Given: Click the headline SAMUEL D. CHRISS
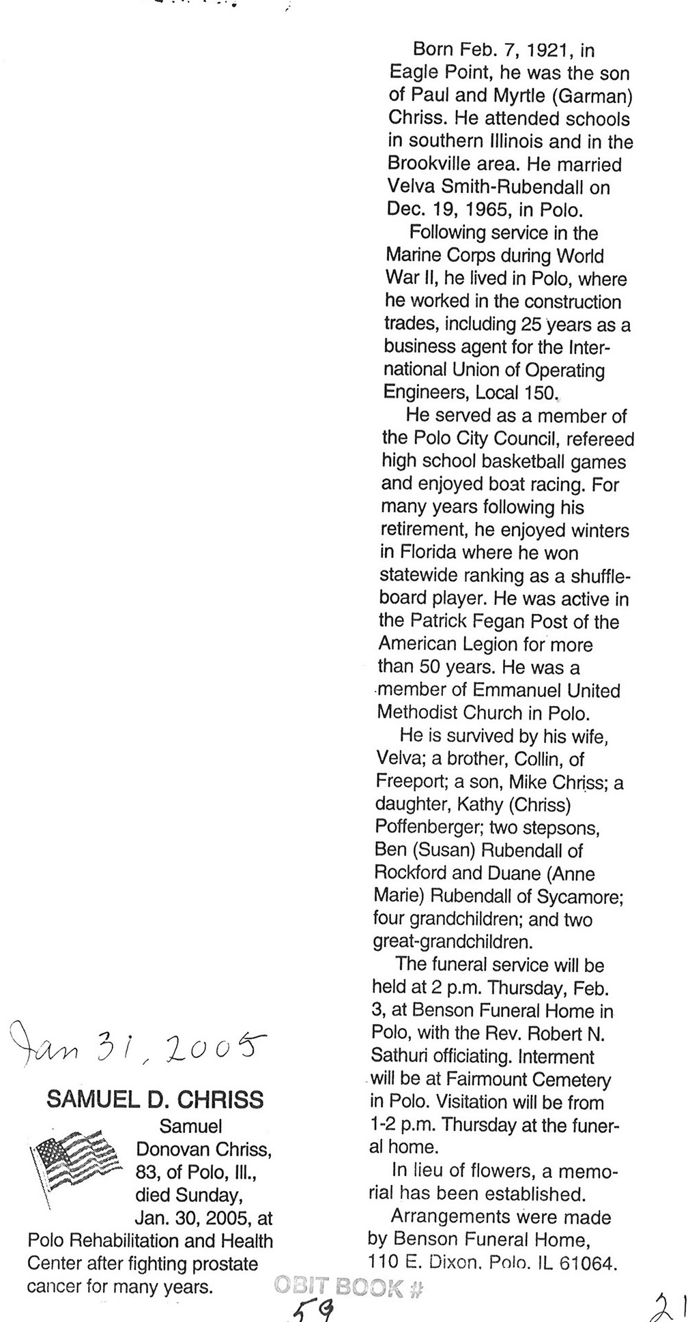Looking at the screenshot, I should (155, 1100).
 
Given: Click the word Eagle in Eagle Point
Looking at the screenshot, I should (415, 73).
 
